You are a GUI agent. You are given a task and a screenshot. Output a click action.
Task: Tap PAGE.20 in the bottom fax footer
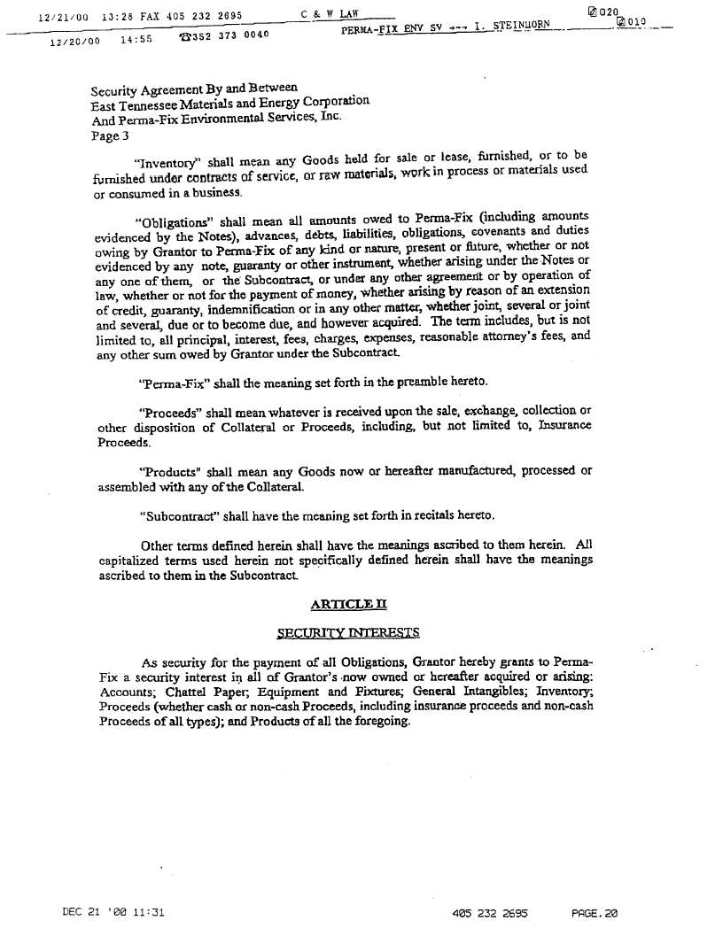pos(594,912)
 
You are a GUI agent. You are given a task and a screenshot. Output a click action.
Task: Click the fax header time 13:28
pos(118,15)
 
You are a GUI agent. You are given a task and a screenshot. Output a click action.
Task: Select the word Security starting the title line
pos(115,90)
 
